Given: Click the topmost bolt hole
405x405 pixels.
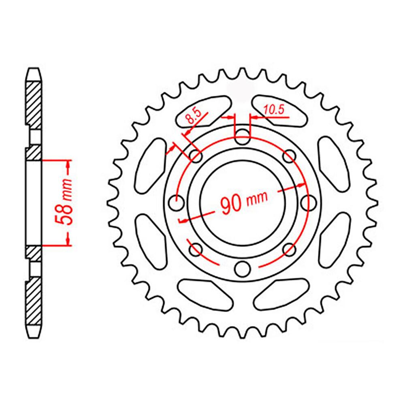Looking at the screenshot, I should (242, 135).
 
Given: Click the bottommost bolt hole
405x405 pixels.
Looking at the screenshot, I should (242, 268).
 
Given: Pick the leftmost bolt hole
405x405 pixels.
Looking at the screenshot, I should (176, 202).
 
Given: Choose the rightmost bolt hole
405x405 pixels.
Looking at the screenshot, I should (309, 202).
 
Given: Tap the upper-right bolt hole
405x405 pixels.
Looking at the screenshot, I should (289, 155).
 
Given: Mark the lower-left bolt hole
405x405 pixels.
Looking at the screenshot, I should (195, 248).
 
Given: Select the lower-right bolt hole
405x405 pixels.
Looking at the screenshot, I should (289, 248).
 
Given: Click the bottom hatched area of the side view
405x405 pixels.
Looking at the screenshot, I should (34, 302).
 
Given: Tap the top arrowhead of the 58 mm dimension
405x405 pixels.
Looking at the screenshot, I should (68, 164).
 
